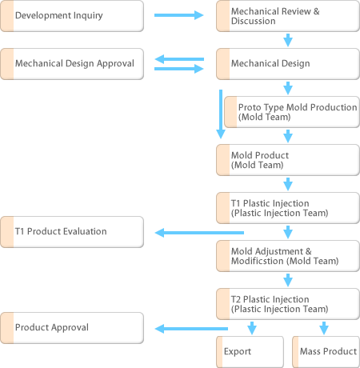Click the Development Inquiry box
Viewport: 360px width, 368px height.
point(72,16)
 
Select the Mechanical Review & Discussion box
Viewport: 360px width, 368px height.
point(288,16)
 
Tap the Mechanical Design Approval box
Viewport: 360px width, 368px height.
point(72,64)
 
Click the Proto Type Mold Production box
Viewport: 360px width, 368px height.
point(292,112)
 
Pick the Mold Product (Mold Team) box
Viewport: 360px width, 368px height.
point(288,160)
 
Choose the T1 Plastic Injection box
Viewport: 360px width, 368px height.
point(288,208)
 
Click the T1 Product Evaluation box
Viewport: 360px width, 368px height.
point(72,232)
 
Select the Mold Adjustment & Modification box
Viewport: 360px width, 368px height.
point(288,256)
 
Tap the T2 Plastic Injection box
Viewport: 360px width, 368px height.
point(288,304)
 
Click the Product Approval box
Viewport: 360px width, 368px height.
point(72,328)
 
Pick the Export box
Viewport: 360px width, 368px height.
point(250,352)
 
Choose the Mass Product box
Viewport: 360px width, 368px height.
point(326,352)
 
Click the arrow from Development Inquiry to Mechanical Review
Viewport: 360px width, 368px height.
point(179,15)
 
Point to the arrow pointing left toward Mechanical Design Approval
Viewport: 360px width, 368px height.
point(179,59)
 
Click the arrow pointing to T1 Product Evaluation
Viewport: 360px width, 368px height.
point(199,233)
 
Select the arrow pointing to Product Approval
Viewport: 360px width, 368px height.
point(191,329)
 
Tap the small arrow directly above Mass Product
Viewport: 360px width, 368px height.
point(324,328)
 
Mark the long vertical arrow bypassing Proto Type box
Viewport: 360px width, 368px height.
point(221,114)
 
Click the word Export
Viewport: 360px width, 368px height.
point(238,351)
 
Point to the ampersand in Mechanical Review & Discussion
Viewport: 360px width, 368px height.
point(317,11)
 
